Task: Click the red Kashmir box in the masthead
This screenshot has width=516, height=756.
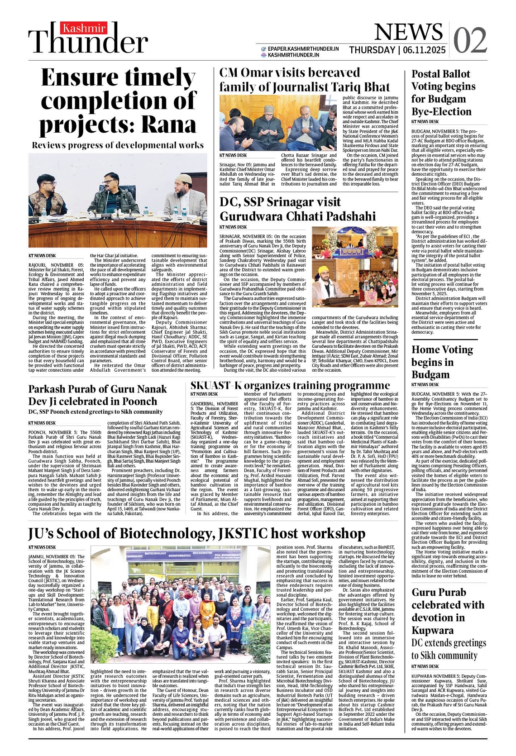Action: [x=84, y=29]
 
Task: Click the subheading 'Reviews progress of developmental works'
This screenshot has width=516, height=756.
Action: [x=118, y=145]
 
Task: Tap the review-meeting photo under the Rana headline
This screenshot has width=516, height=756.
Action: [x=118, y=200]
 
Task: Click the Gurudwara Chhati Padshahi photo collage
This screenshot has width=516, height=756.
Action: [x=355, y=267]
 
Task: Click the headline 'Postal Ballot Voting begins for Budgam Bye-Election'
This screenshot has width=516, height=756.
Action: [x=443, y=93]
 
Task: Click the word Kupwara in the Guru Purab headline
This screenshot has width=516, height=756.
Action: [x=432, y=630]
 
